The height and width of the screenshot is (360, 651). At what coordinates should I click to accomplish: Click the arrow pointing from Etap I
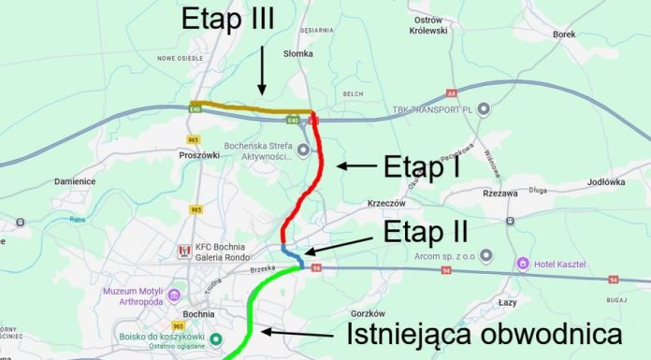(x=356, y=166)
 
